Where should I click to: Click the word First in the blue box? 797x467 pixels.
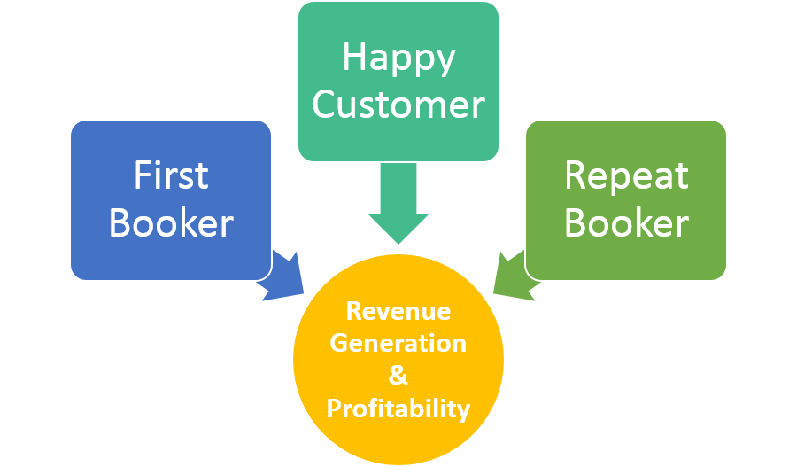(x=171, y=175)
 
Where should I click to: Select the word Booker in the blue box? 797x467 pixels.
(x=171, y=222)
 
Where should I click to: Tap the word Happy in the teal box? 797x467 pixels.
(x=398, y=58)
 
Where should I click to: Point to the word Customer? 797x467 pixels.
(x=398, y=105)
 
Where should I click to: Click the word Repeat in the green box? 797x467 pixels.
(x=626, y=175)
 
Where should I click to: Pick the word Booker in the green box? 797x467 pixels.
(x=626, y=222)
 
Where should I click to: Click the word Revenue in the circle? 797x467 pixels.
(x=398, y=312)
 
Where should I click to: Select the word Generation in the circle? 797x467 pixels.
(x=398, y=343)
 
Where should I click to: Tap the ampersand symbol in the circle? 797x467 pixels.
(x=398, y=375)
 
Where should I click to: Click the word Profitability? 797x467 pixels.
(x=398, y=409)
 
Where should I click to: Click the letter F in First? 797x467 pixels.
(x=142, y=175)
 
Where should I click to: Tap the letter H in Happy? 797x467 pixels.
(x=354, y=58)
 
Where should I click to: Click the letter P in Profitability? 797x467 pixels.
(x=334, y=409)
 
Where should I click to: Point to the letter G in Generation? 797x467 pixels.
(x=338, y=343)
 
